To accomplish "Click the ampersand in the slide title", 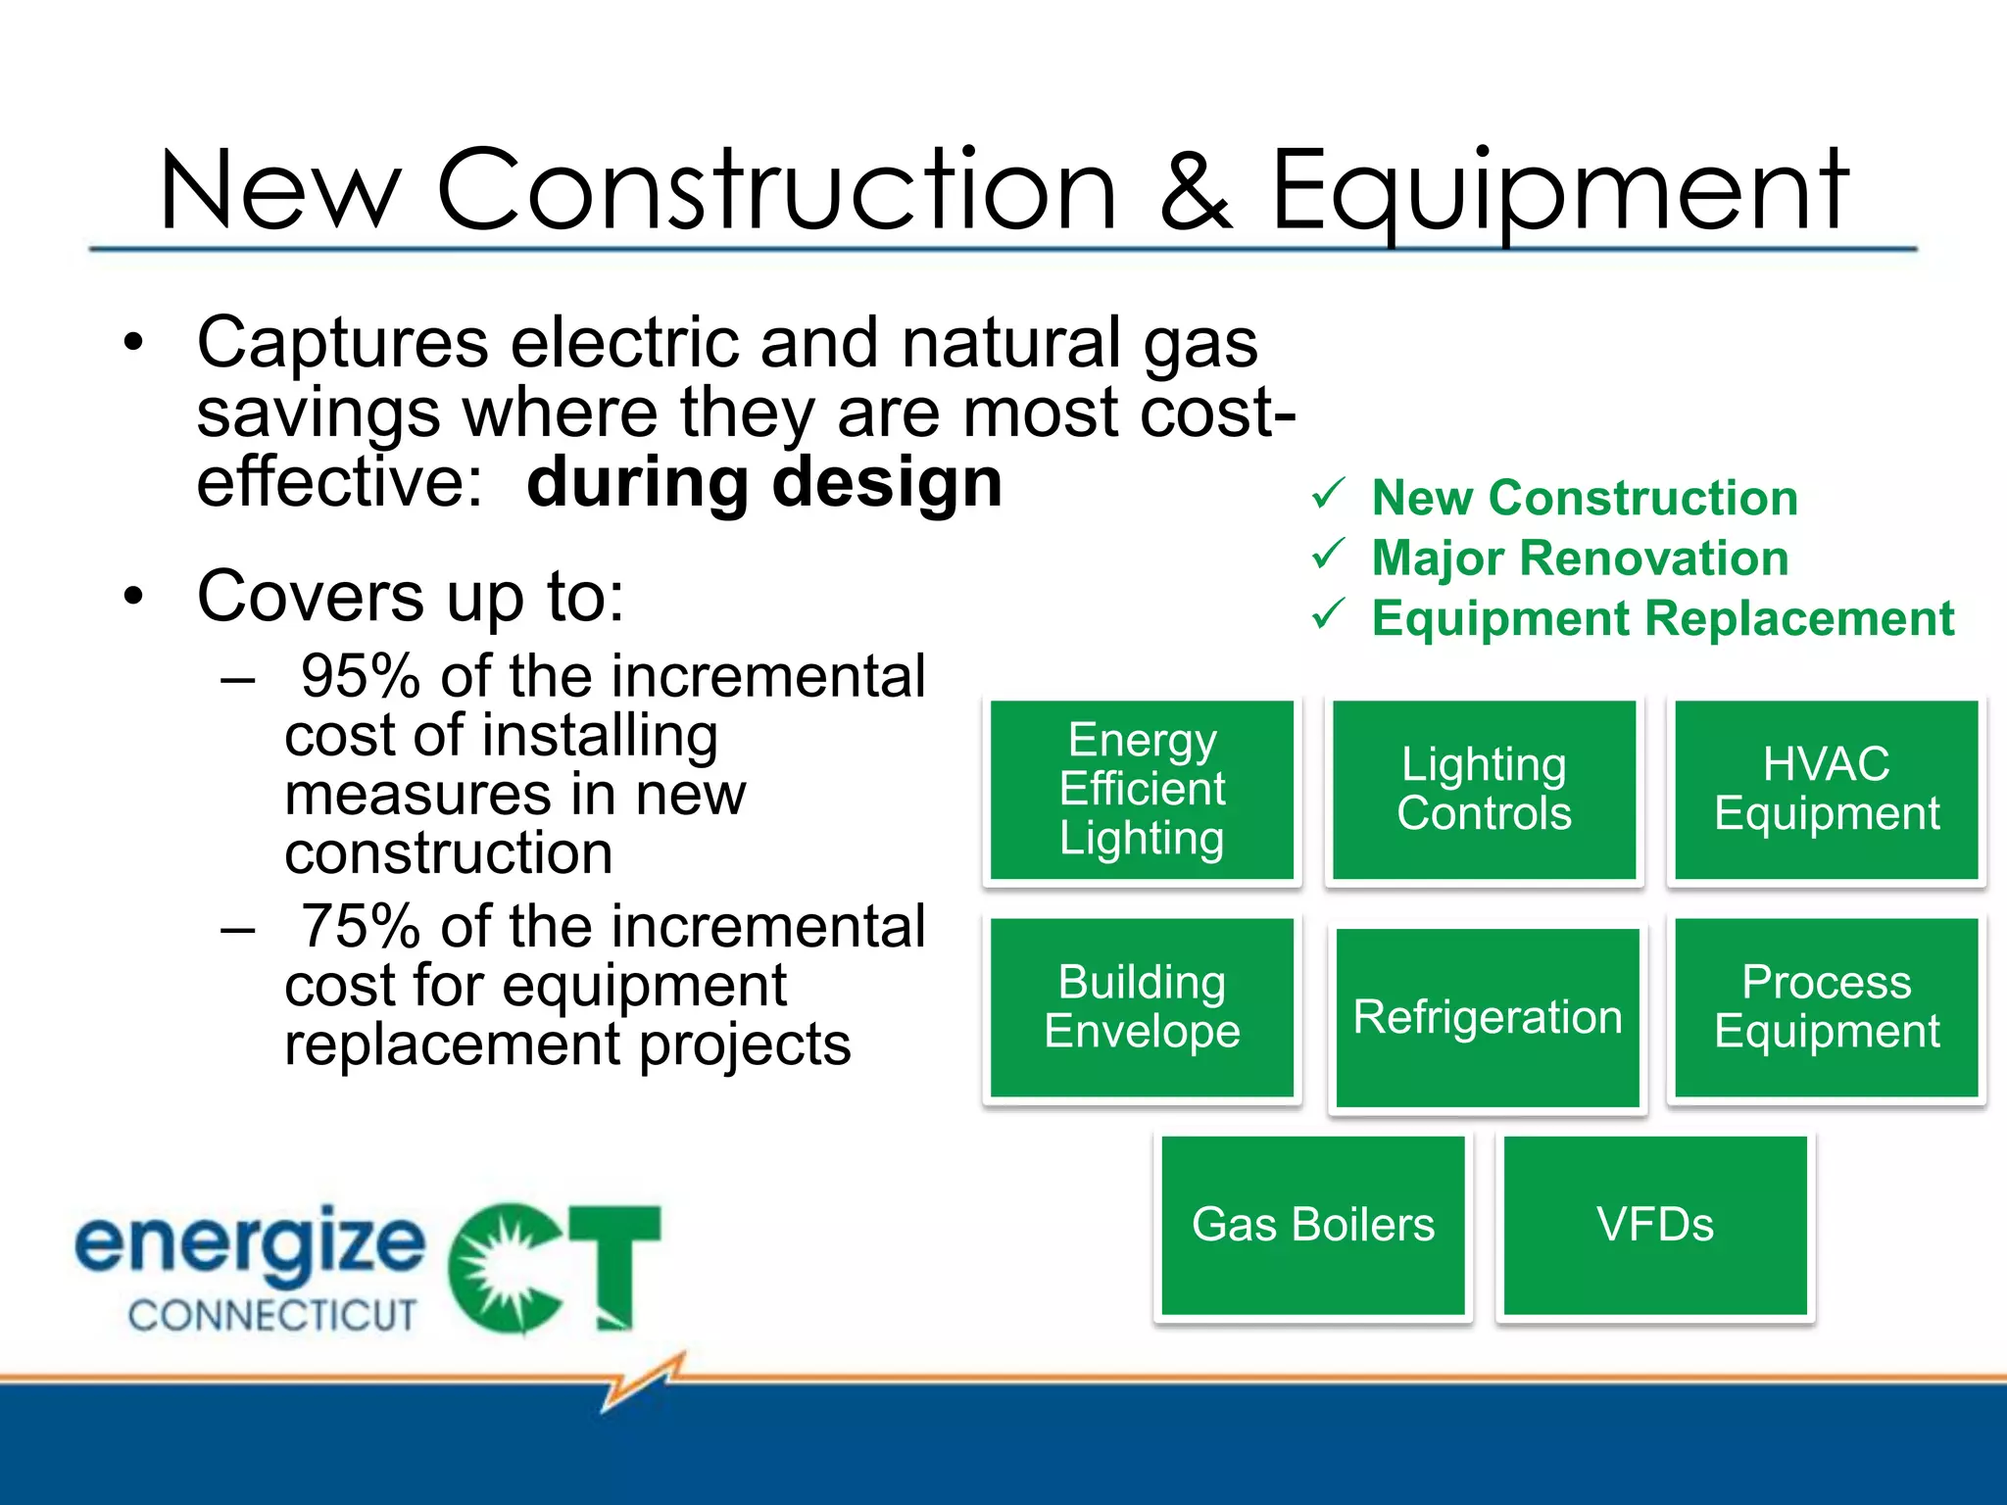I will [1195, 190].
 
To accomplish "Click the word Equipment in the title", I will [1558, 190].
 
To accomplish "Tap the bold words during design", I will [764, 482].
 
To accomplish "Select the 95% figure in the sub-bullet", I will [360, 676].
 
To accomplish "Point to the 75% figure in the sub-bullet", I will [360, 926].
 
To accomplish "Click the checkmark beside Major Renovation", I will [1329, 555].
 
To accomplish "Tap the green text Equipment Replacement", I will [1662, 618].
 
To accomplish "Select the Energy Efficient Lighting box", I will [1142, 790].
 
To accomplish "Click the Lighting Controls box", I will [1484, 790].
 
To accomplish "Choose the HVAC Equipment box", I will [1826, 790].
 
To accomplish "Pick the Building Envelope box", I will [1142, 1007].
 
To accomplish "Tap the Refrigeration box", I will [1487, 1017].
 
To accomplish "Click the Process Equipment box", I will [1826, 1007].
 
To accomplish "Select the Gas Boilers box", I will [1312, 1225].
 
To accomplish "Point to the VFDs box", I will [1654, 1225].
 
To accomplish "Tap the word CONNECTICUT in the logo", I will [272, 1315].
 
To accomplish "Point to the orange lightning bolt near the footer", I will [642, 1381].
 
